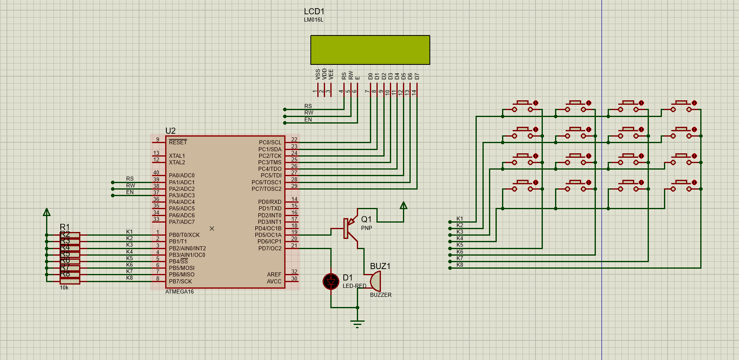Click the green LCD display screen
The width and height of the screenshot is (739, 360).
point(370,50)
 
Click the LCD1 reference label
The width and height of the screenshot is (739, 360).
point(314,11)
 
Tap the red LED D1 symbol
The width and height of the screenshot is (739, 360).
point(331,281)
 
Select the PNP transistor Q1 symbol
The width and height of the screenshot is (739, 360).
point(349,228)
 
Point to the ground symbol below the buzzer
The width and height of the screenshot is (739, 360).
point(357,324)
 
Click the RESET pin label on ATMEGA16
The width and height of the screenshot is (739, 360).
point(178,142)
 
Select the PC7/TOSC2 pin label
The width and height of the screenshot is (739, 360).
point(266,189)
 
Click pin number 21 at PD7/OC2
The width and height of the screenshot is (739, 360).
point(294,245)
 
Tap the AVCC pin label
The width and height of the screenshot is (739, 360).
point(274,281)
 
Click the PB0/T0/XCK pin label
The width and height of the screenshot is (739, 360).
point(184,235)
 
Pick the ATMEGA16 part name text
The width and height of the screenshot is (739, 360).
point(179,292)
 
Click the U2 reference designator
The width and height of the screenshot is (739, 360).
point(170,131)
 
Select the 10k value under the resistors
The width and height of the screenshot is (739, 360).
point(64,287)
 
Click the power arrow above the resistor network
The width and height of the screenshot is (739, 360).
point(47,212)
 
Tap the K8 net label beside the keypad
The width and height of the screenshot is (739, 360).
point(460,265)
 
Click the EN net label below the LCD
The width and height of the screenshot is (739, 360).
point(308,119)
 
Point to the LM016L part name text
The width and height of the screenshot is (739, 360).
point(314,20)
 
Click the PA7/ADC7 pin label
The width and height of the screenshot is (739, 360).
point(182,222)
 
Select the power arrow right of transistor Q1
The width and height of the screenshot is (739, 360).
point(403,205)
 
